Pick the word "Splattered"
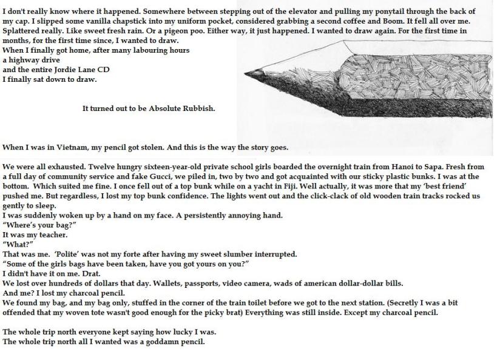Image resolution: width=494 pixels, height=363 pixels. [x=22, y=31]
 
